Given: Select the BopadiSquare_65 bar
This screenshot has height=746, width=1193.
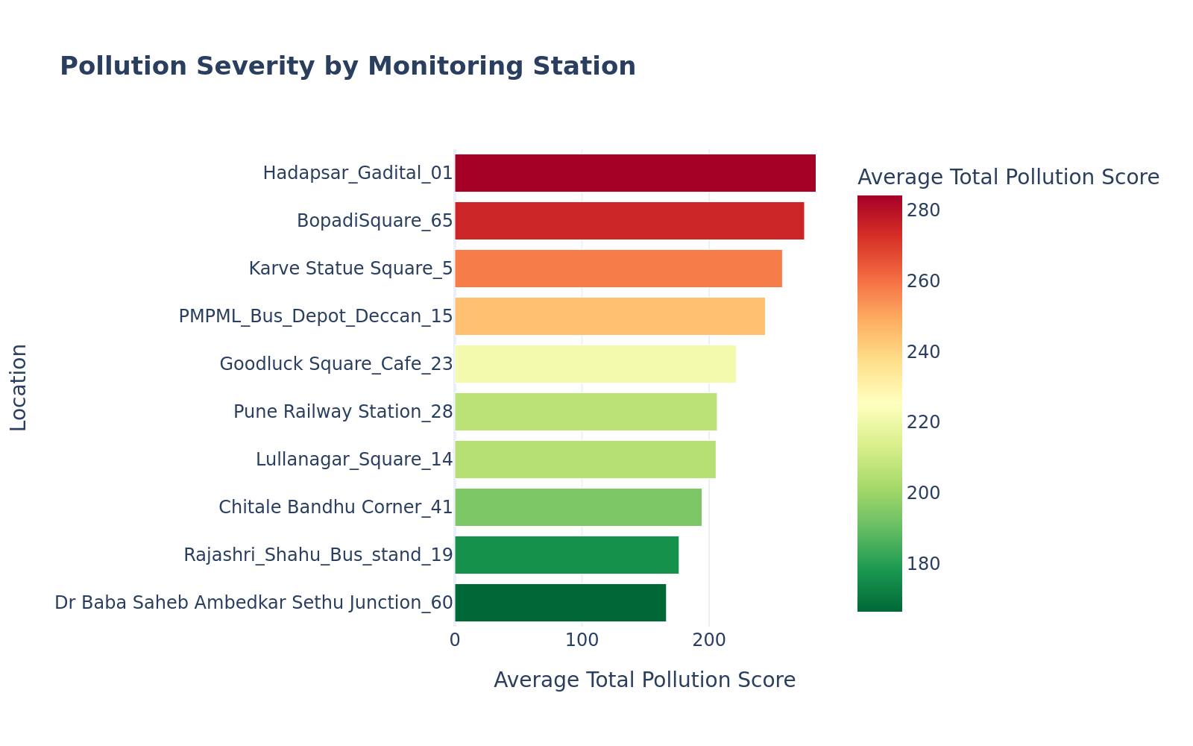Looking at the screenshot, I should [x=629, y=221].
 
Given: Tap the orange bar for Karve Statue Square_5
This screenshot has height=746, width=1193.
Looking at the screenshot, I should [x=618, y=269].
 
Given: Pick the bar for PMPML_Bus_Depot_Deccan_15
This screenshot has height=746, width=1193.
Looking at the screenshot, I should [x=610, y=316].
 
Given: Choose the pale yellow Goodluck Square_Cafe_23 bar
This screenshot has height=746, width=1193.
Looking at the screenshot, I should [x=595, y=364].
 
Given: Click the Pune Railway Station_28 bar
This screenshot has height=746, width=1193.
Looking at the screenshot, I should [x=585, y=412].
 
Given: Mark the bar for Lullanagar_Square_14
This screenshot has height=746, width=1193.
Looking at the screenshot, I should [x=585, y=460].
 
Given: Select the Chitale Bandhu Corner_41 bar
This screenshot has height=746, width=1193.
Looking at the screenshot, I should [x=578, y=507].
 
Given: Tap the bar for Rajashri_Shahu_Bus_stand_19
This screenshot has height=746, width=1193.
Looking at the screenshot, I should [x=567, y=555].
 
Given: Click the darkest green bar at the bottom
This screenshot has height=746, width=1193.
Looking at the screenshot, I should [x=560, y=603].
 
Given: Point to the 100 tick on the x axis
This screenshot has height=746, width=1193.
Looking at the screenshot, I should [x=582, y=641].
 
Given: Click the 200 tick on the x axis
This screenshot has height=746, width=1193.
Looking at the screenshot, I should [x=709, y=641].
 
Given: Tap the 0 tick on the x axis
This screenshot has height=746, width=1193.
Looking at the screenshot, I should [x=455, y=641].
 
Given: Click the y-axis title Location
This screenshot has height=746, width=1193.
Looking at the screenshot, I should [x=19, y=387].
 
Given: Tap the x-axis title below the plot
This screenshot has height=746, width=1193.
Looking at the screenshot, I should [x=644, y=680].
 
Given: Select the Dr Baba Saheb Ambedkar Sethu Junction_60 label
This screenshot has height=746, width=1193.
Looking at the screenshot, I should [x=254, y=603].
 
